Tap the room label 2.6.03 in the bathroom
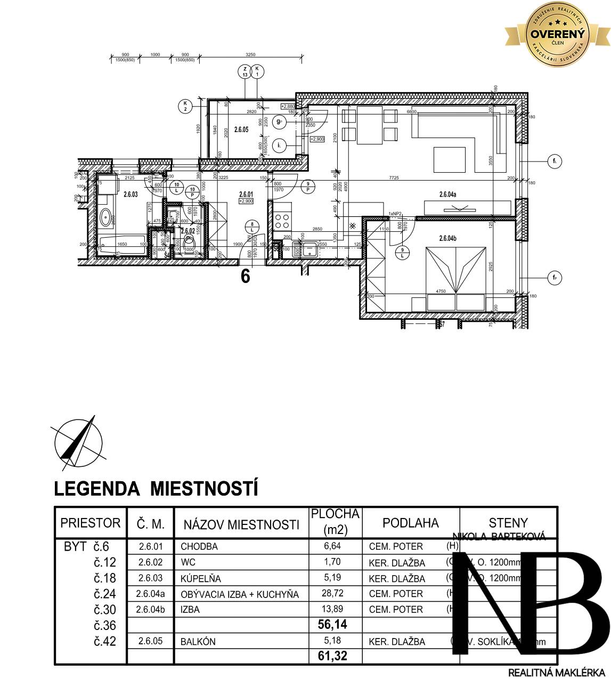point(131,195)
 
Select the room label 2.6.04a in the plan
point(448,195)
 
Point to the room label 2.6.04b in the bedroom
point(448,238)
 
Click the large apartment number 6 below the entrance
point(245,277)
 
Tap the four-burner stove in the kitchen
point(282,221)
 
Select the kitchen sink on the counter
point(309,247)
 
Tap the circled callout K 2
point(185,106)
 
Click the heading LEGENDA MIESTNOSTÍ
point(156,488)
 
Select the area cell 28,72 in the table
point(336,593)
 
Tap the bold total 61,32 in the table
point(332,655)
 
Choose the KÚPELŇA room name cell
point(200,578)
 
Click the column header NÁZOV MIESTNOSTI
point(241,524)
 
